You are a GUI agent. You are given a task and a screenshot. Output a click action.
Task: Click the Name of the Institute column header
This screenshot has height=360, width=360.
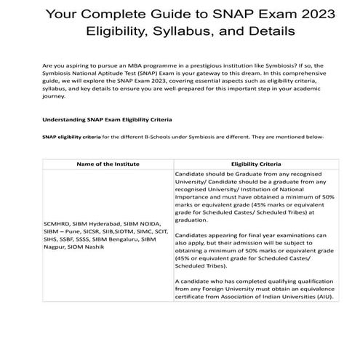[108, 164]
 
